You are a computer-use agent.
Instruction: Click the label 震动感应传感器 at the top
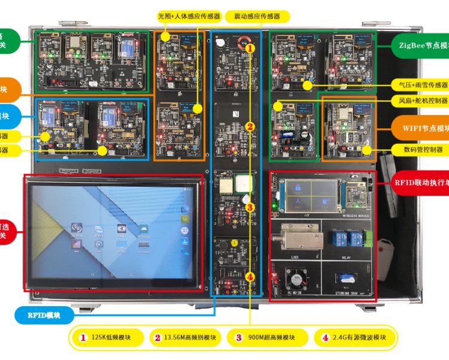[256, 16]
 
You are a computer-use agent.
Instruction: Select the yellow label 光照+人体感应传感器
[189, 16]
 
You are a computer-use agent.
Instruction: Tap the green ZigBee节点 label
[421, 44]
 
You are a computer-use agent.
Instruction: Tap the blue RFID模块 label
[45, 315]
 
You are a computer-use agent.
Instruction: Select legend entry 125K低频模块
[108, 337]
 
